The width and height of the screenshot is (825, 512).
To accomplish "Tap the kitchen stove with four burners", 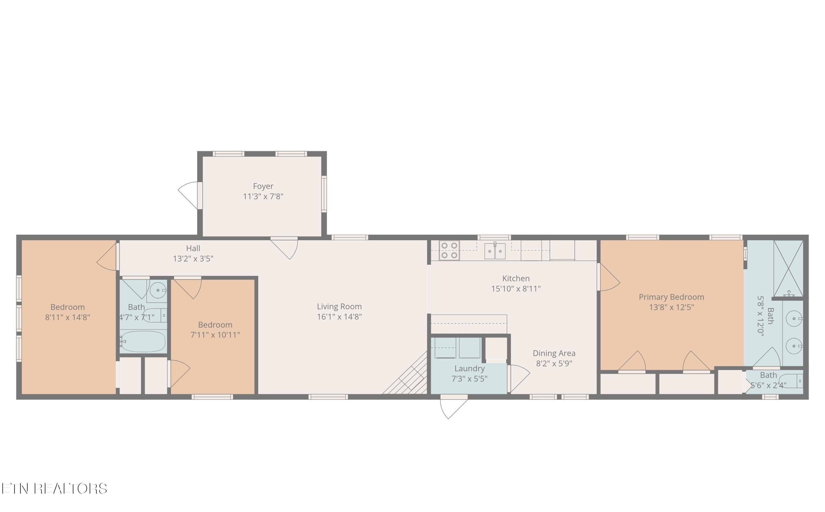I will (449, 250).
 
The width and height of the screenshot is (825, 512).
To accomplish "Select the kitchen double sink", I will (495, 251).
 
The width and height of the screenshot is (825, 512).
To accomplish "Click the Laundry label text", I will (469, 369).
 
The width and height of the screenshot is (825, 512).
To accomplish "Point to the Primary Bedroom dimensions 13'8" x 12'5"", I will (671, 307).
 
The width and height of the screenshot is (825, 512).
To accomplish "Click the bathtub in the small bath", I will (143, 341).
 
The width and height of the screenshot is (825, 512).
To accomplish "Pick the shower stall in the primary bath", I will (788, 268).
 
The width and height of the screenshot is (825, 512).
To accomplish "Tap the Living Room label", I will (339, 306).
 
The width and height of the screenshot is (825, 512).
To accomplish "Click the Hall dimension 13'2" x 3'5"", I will (193, 259).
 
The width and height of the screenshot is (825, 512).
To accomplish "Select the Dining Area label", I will (554, 353).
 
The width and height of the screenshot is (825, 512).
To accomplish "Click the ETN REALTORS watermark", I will (54, 489).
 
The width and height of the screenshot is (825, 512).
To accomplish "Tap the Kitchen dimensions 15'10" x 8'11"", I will (516, 289).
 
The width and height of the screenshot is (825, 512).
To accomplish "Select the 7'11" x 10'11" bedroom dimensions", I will (215, 335).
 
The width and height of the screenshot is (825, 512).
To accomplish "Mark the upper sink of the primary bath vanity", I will (794, 319).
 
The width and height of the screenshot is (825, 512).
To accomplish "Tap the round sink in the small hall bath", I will (158, 290).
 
